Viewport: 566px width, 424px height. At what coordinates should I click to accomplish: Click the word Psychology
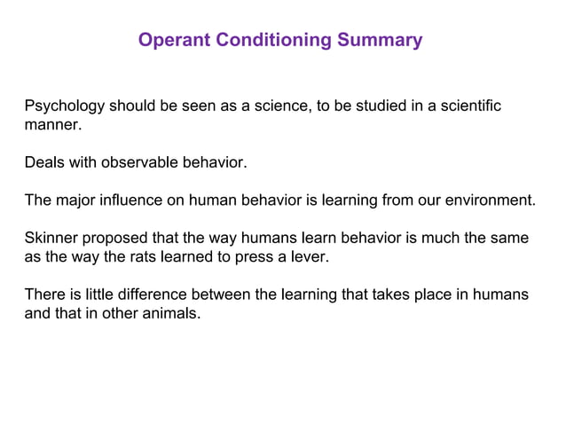65,106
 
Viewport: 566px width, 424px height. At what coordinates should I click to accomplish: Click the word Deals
43,163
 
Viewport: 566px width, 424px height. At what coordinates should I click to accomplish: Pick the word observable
135,163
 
